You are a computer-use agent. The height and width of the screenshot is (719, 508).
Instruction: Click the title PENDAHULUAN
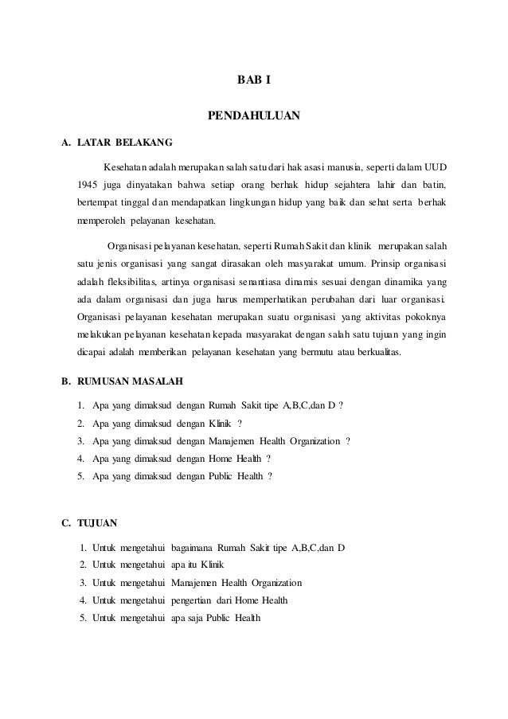pyautogui.click(x=254, y=116)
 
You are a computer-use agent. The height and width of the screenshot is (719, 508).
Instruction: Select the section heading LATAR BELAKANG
pyautogui.click(x=119, y=143)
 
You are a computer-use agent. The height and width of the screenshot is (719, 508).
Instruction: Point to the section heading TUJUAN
pyautogui.click(x=97, y=523)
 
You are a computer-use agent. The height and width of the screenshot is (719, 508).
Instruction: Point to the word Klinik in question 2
pyautogui.click(x=217, y=423)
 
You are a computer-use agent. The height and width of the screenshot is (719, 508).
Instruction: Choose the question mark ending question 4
pyautogui.click(x=268, y=459)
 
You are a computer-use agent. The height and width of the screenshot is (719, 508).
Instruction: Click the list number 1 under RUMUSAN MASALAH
pyautogui.click(x=81, y=405)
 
